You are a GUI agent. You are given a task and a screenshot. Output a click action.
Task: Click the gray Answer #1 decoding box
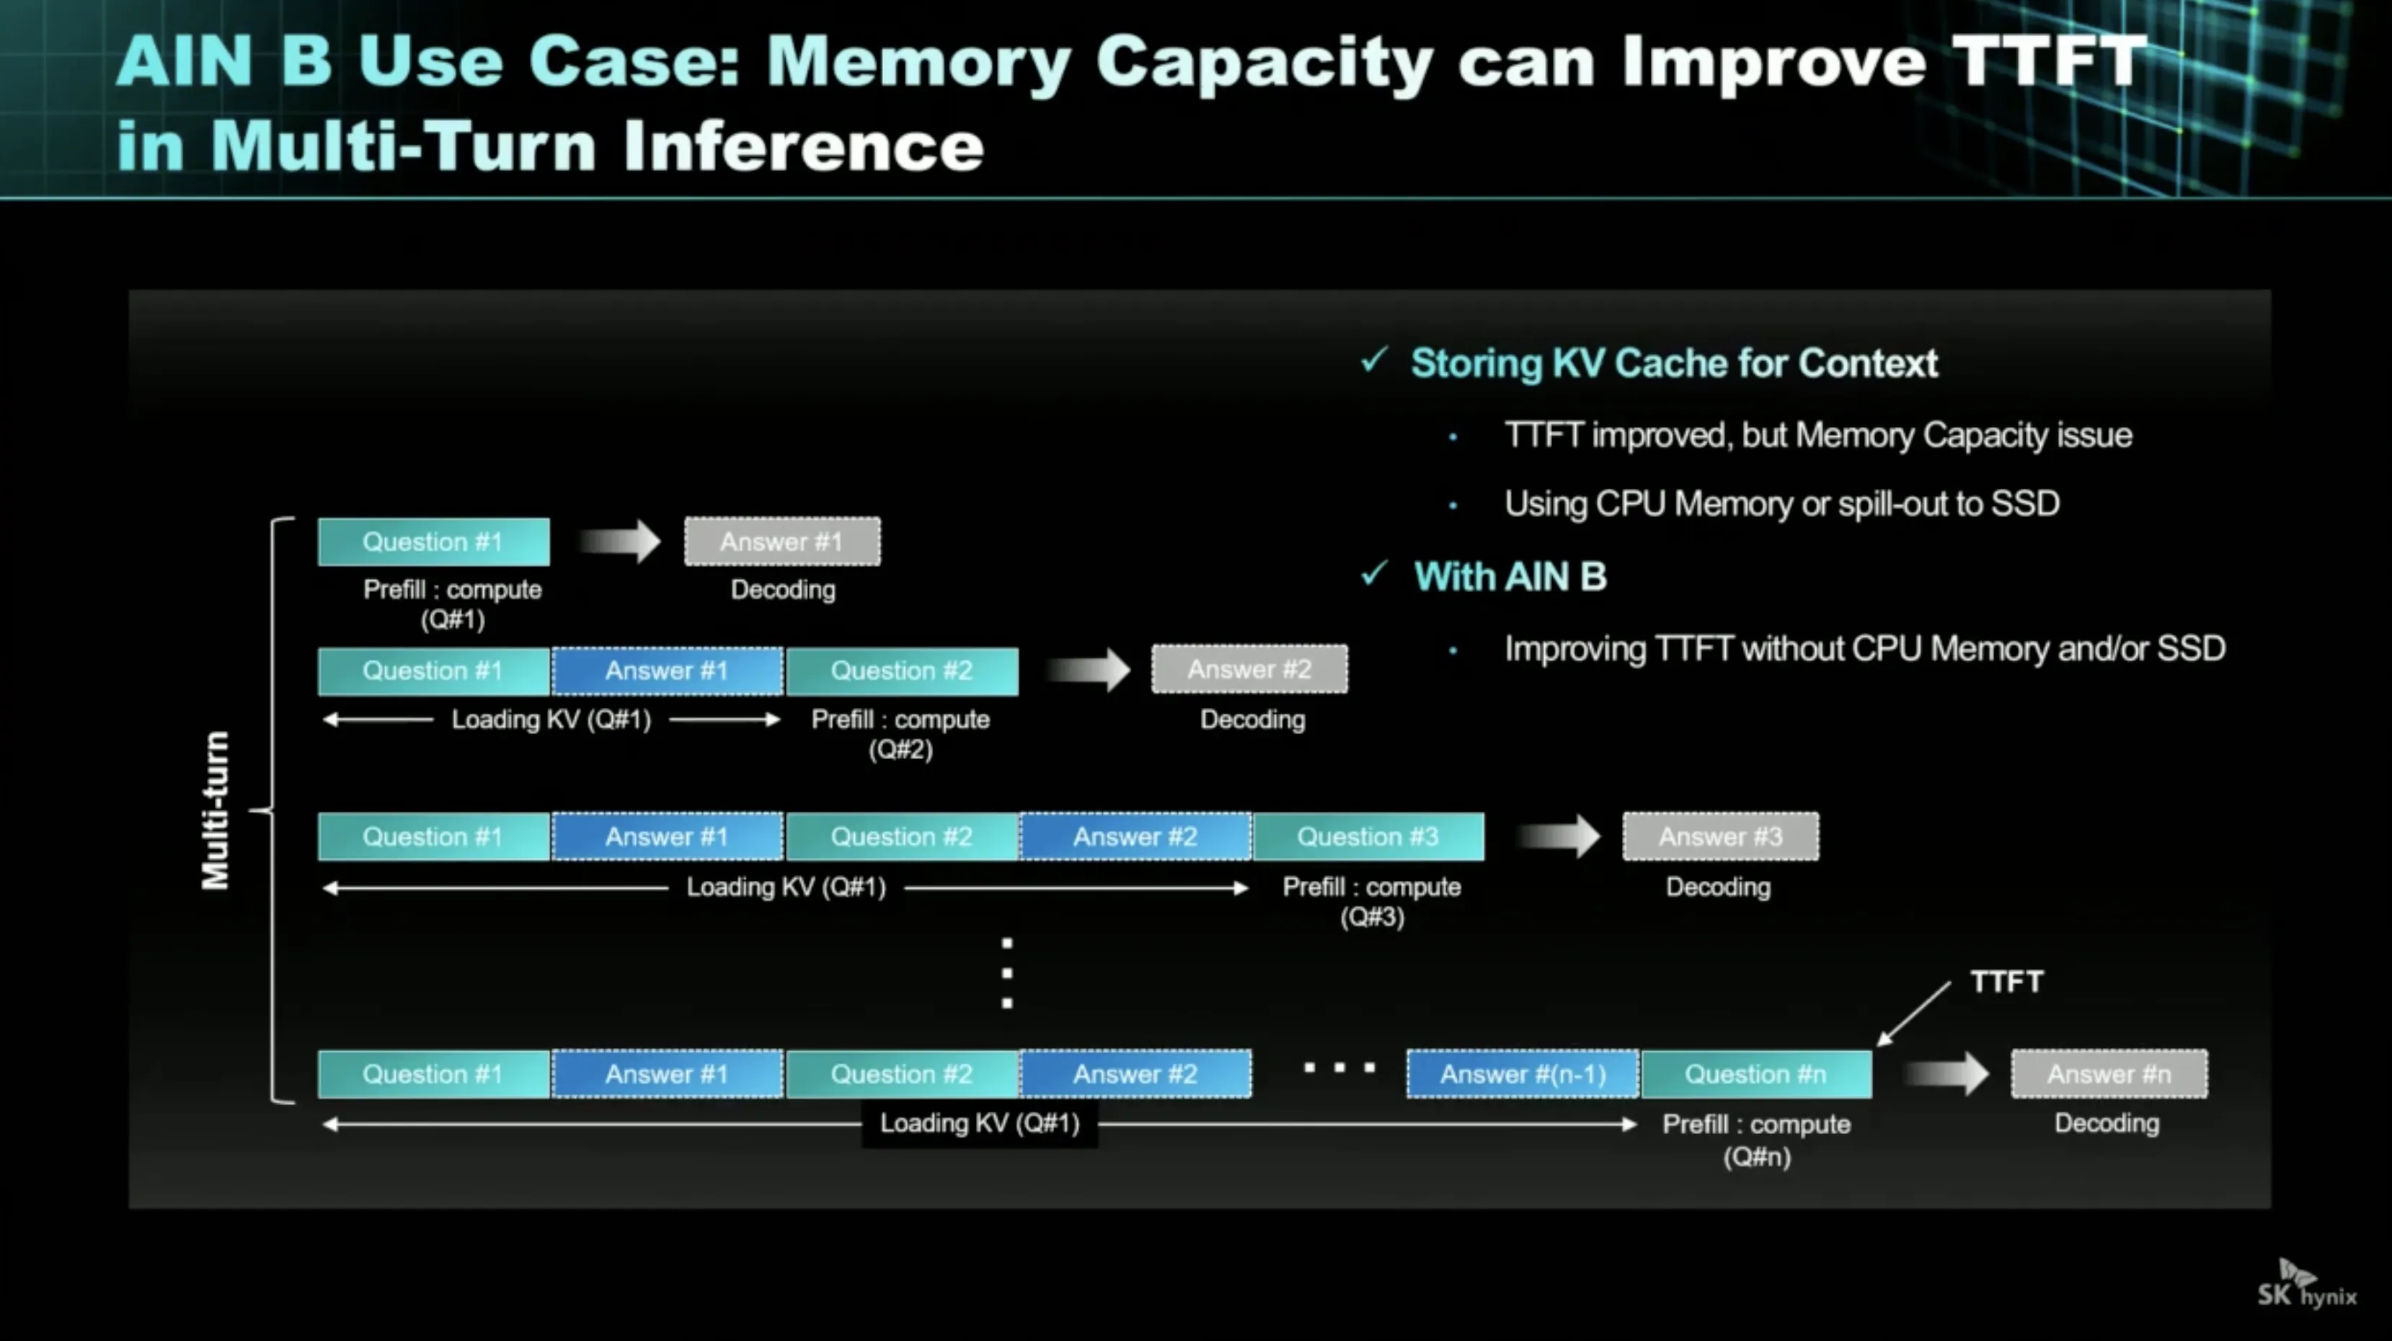click(x=782, y=541)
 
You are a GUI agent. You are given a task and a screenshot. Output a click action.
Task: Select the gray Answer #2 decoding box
click(x=1249, y=670)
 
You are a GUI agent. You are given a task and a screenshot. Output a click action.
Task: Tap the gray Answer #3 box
click(x=1721, y=837)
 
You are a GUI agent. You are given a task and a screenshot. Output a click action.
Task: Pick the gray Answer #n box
click(x=2109, y=1074)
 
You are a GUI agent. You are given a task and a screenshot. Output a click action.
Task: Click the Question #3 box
click(x=1368, y=837)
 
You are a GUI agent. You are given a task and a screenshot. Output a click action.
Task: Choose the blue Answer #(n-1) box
click(x=1523, y=1074)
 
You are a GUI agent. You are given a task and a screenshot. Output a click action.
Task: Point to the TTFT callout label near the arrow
click(x=2006, y=982)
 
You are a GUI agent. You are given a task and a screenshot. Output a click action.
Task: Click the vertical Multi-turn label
click(x=216, y=811)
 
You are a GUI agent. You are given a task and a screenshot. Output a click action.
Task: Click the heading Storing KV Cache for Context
click(x=1674, y=363)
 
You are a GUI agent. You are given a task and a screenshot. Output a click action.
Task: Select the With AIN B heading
click(x=1510, y=577)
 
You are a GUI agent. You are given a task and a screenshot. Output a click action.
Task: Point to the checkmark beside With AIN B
click(x=1374, y=574)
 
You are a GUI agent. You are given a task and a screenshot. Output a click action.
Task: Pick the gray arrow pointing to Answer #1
click(x=619, y=541)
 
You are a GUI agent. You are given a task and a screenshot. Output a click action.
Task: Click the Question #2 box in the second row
click(x=902, y=671)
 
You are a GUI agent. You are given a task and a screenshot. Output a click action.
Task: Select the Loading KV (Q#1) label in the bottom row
click(x=980, y=1124)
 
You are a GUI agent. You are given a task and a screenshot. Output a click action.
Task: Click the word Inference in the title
click(x=803, y=147)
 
